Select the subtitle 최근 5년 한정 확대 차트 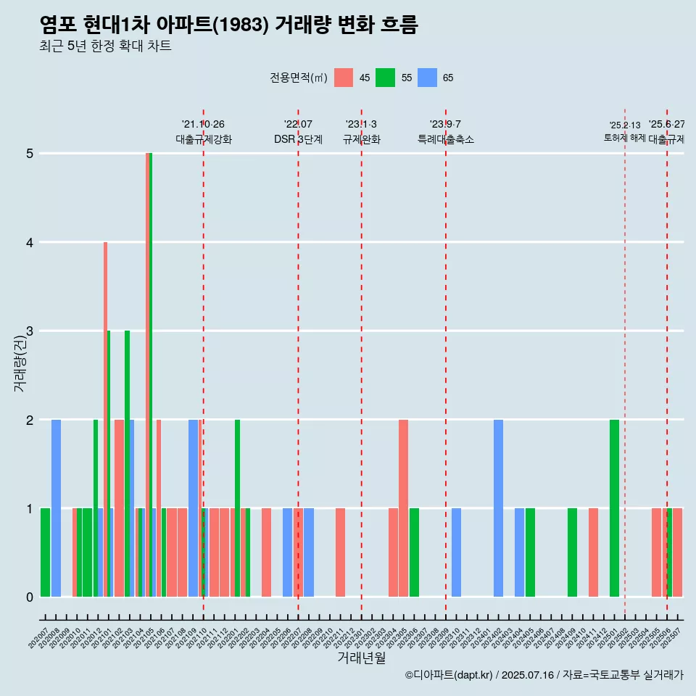pyautogui.click(x=105, y=46)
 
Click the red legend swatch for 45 pyautogui.click(x=344, y=78)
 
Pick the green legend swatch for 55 pyautogui.click(x=385, y=78)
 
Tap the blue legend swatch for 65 pyautogui.click(x=427, y=78)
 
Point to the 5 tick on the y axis pyautogui.click(x=30, y=154)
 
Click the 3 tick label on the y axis pyautogui.click(x=30, y=331)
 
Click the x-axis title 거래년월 pyautogui.click(x=361, y=658)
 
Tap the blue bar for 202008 pyautogui.click(x=56, y=507)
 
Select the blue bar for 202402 pyautogui.click(x=498, y=507)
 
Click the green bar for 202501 pyautogui.click(x=614, y=507)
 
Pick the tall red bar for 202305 pyautogui.click(x=403, y=507)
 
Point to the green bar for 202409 pyautogui.click(x=572, y=552)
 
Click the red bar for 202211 pyautogui.click(x=340, y=552)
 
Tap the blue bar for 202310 pyautogui.click(x=456, y=552)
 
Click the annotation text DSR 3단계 pyautogui.click(x=298, y=139)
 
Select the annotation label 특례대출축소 pyautogui.click(x=445, y=139)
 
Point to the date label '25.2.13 pyautogui.click(x=624, y=125)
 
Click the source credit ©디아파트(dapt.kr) pyautogui.click(x=449, y=675)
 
